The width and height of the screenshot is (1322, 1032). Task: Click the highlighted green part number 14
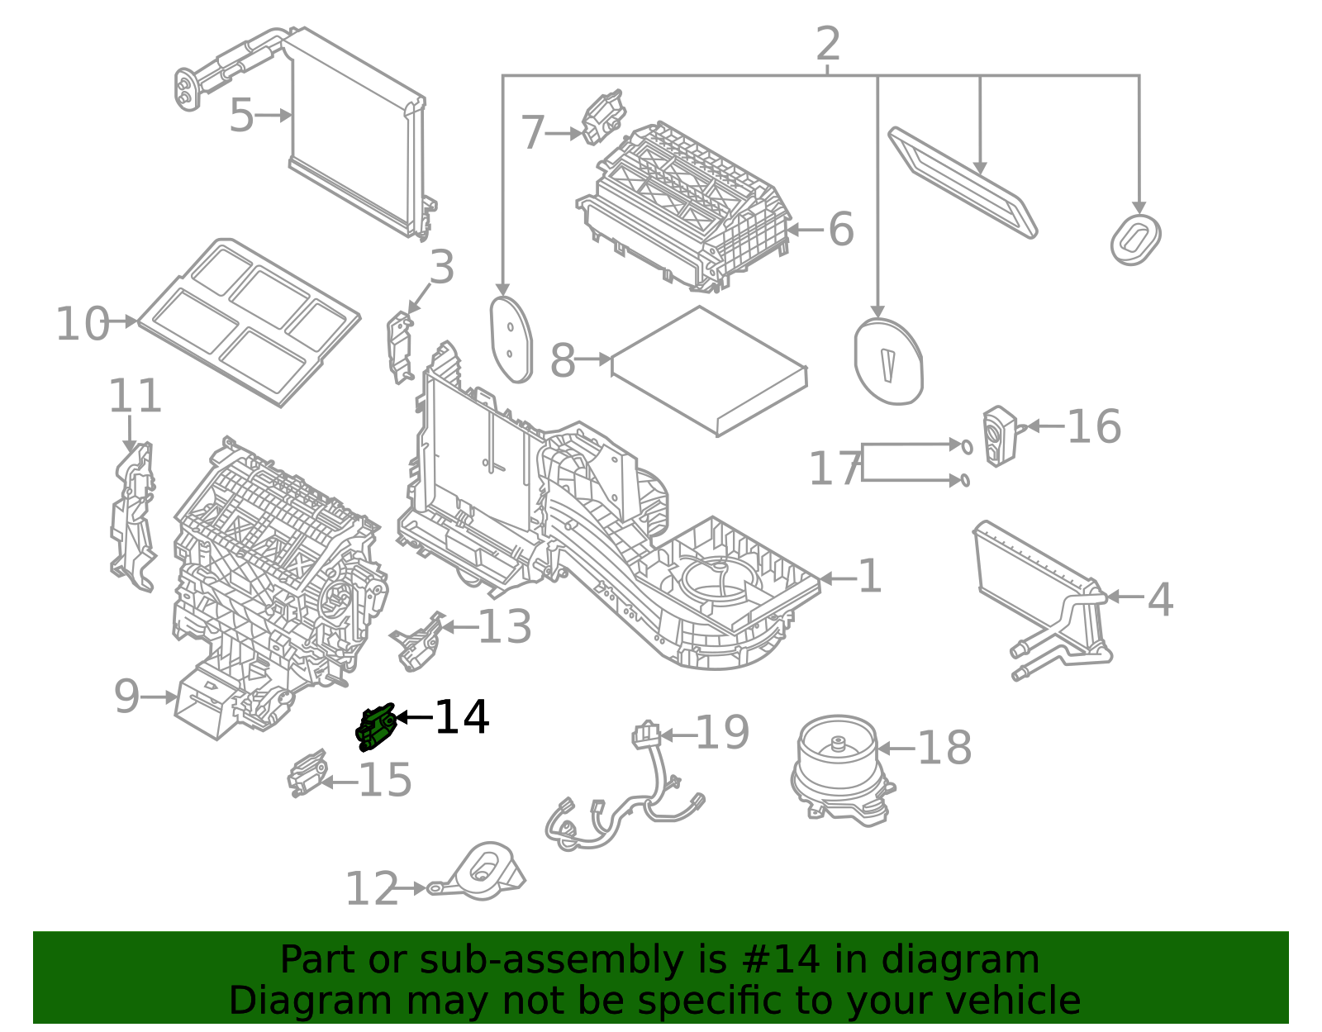[x=375, y=727]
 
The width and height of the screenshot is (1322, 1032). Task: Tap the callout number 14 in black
[x=462, y=717]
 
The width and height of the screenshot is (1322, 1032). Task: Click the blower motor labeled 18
[x=841, y=769]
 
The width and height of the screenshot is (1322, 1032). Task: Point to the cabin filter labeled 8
[x=709, y=370]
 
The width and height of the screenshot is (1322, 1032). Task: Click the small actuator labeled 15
[x=307, y=773]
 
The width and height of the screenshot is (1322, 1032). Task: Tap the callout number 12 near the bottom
[x=371, y=890]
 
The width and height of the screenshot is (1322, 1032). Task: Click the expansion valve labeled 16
[x=999, y=435]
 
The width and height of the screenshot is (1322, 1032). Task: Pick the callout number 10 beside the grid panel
[x=82, y=324]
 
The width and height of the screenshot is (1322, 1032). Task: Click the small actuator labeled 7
[x=603, y=117]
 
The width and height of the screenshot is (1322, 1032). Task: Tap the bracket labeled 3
[x=401, y=347]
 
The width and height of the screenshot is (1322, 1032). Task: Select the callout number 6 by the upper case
[x=840, y=230]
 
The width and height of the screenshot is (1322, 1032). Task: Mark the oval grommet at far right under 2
[x=1136, y=240]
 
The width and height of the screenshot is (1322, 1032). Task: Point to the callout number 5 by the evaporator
[x=240, y=116]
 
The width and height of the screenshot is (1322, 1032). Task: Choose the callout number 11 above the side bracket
[x=135, y=397]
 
